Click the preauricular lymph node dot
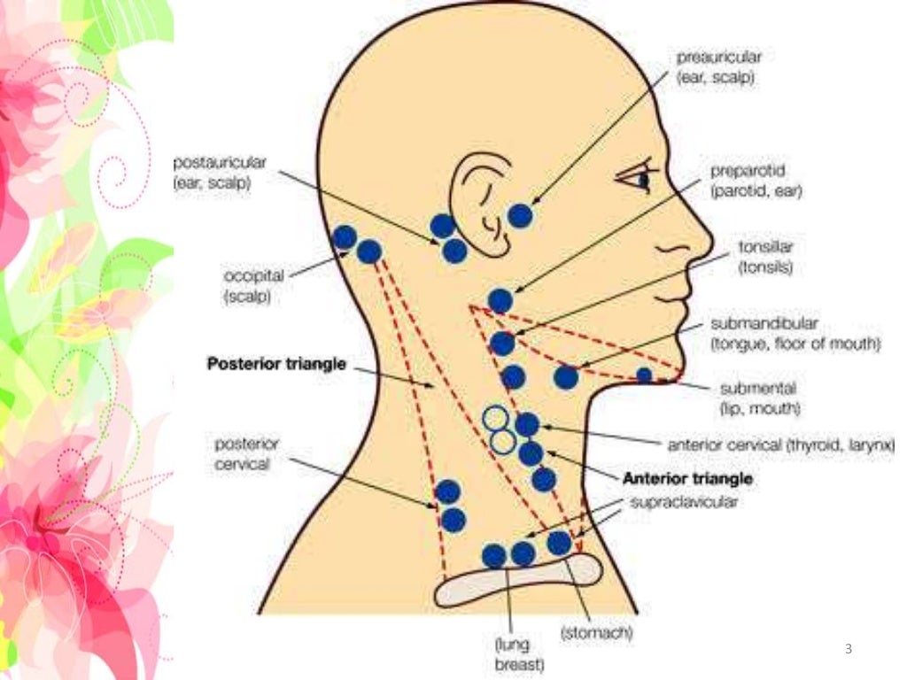tap(521, 216)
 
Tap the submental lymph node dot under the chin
tap(644, 375)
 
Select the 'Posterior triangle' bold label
tap(275, 364)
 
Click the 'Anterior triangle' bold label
tap(687, 478)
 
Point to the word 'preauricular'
tap(718, 57)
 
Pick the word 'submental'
tap(758, 389)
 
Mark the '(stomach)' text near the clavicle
tap(596, 634)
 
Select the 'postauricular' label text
tap(220, 163)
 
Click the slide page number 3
tap(848, 650)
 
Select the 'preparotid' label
tap(748, 169)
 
